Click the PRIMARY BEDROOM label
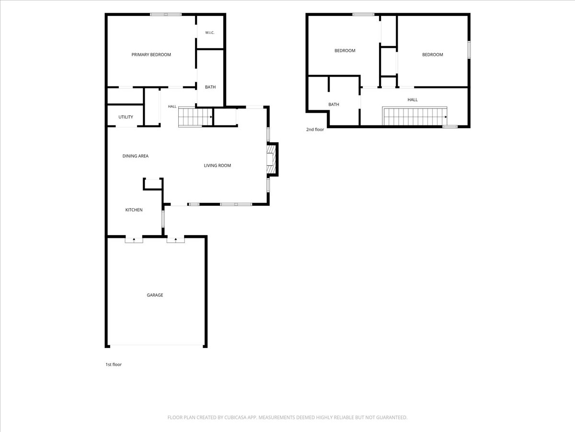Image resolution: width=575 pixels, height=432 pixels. pos(151,55)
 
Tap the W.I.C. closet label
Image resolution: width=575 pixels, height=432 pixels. pos(209,33)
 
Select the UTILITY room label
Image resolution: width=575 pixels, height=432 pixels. pos(126,117)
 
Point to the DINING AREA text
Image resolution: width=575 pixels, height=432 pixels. pos(136,156)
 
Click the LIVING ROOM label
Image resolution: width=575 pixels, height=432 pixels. pos(218,166)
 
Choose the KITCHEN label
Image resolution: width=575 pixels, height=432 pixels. pos(134,210)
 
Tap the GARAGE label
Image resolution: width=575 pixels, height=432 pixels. pos(155,295)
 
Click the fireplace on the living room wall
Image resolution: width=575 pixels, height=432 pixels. pos(272,159)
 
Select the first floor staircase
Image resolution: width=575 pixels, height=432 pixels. pos(195,117)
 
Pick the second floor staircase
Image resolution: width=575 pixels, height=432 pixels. pos(414,116)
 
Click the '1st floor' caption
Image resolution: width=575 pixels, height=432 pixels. pos(114,364)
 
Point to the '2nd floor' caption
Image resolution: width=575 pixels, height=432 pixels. pos(315,129)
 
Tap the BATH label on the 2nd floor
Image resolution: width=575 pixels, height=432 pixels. pos(333,104)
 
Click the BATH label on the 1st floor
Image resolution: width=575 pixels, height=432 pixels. pos(210,87)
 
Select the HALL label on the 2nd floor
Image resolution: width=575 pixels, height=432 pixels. pos(413,100)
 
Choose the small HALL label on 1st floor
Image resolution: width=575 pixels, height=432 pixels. pos(172,107)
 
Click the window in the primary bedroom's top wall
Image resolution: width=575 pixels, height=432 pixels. pos(166,14)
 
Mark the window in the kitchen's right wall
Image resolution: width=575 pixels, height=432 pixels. pos(163,219)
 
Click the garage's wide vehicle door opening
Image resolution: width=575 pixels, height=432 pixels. pos(156,345)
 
